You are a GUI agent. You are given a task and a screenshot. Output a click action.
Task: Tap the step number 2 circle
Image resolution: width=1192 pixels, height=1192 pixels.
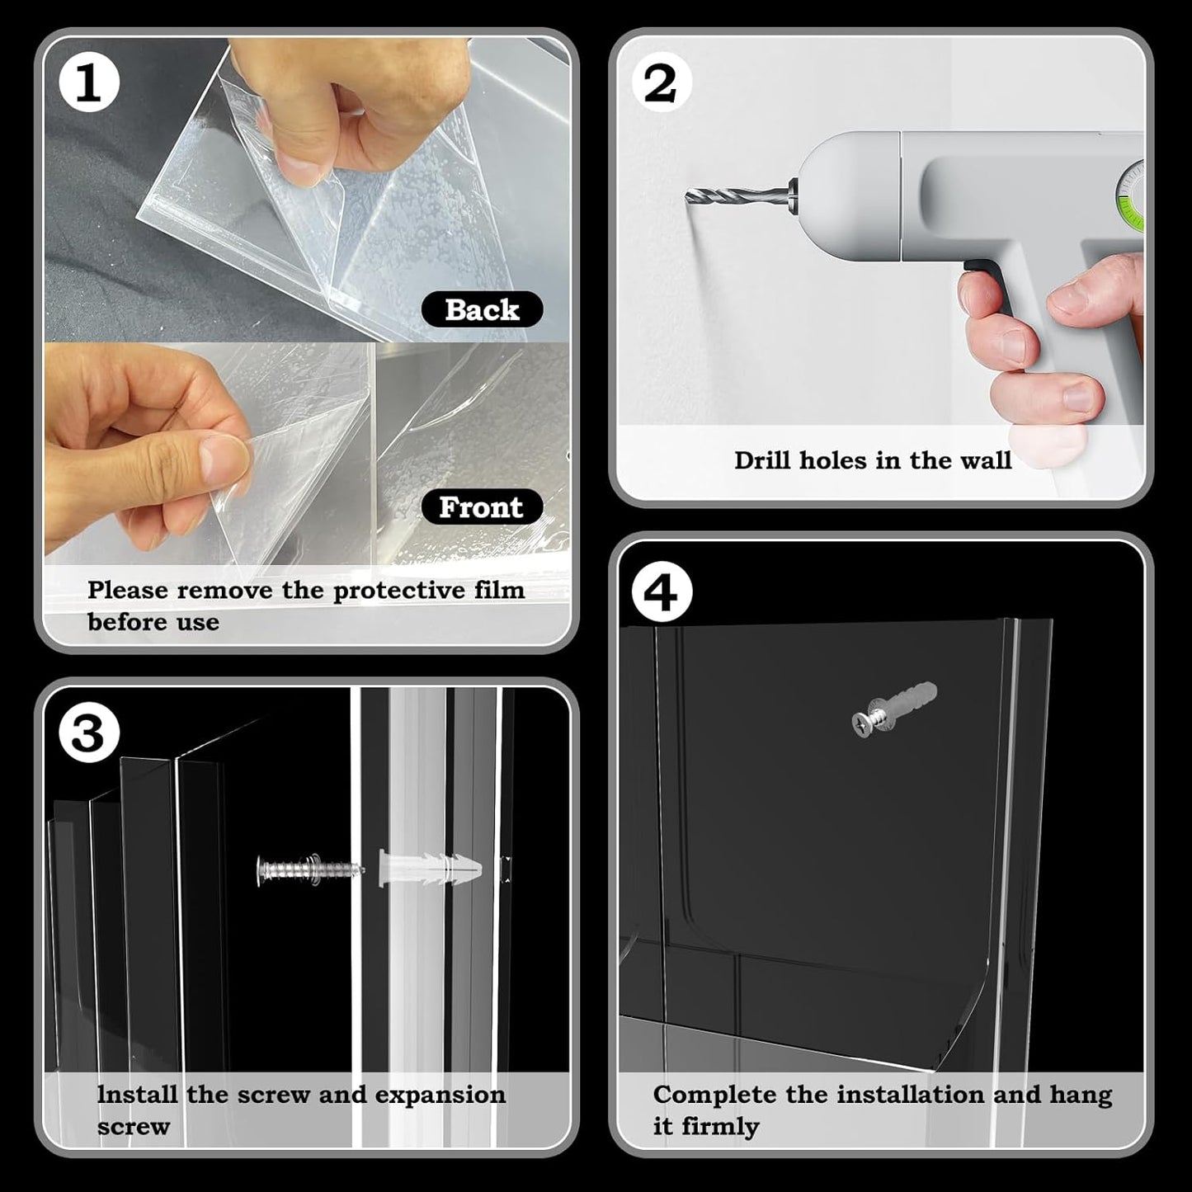click(x=660, y=83)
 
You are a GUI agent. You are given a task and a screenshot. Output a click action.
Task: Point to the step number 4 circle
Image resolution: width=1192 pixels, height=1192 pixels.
click(x=662, y=592)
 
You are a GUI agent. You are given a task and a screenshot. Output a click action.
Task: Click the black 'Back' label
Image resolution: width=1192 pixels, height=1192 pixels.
click(x=482, y=309)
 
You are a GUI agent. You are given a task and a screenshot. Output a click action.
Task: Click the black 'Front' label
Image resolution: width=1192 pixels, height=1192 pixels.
click(x=481, y=506)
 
